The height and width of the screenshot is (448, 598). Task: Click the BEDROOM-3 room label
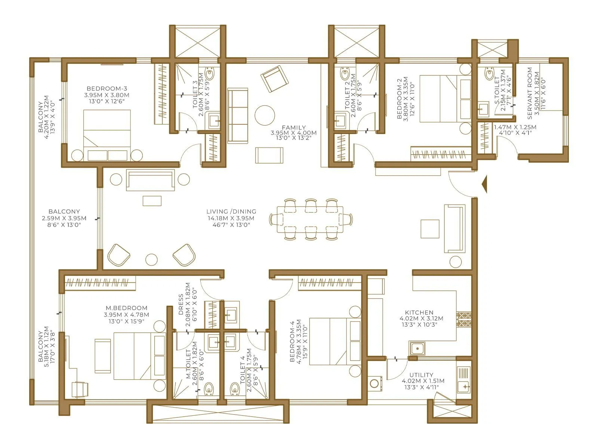[x=107, y=88]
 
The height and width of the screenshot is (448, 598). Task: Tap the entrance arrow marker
[x=484, y=184]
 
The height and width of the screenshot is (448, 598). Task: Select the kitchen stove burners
[x=464, y=319]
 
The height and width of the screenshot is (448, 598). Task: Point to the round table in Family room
[x=265, y=115]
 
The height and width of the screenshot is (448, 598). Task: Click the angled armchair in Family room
[x=275, y=78]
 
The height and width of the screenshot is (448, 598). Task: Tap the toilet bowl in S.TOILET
[x=490, y=74]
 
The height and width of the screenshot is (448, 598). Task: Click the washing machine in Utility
[x=374, y=383]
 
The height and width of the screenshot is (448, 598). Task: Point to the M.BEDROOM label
[x=126, y=308]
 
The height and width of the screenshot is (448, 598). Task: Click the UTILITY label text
[x=421, y=375]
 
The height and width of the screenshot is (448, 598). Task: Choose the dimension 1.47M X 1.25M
[x=515, y=127]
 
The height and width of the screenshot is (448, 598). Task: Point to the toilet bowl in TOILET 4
[x=235, y=389]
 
